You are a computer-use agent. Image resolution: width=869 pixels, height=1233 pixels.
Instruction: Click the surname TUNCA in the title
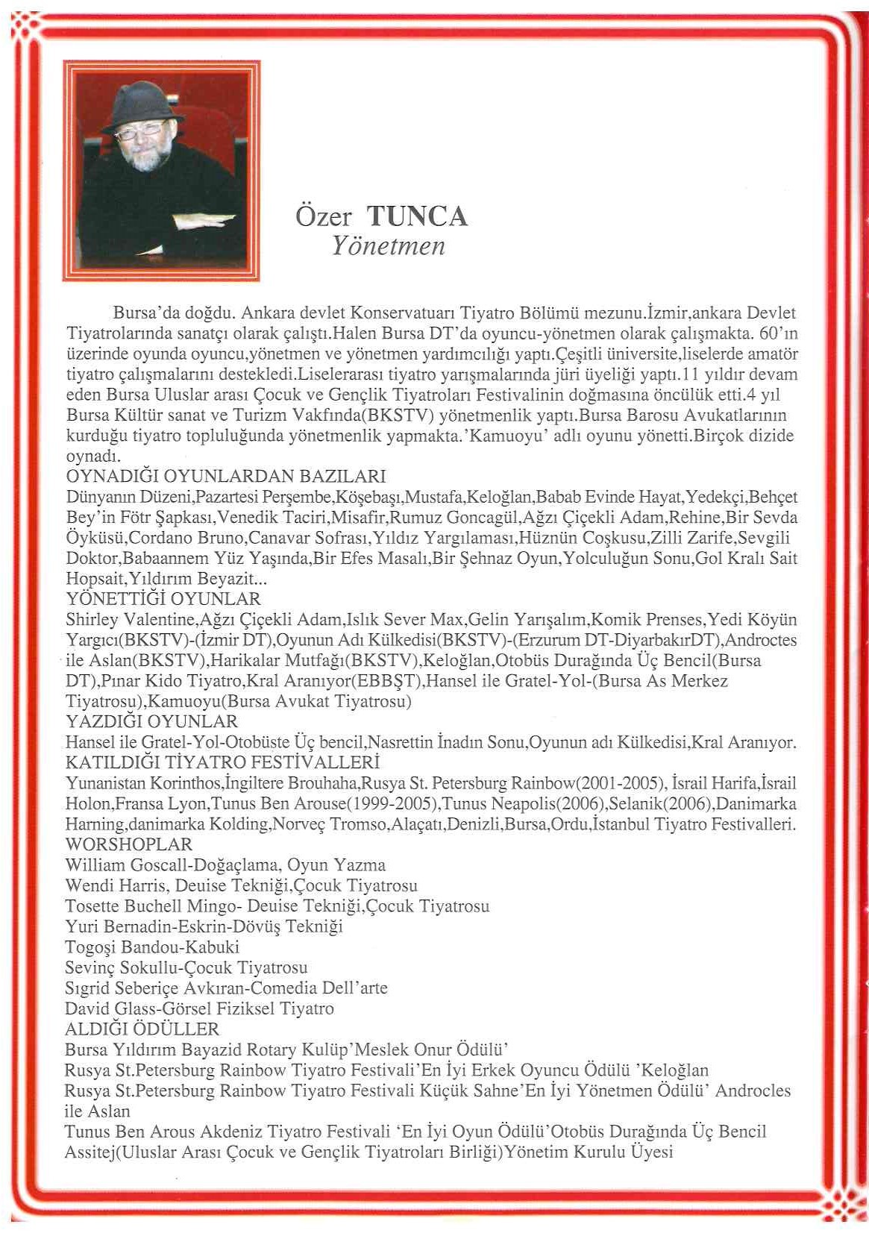417,216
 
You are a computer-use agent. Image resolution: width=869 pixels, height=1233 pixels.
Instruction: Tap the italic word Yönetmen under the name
388,245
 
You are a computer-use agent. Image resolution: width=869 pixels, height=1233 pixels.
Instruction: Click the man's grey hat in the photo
144,104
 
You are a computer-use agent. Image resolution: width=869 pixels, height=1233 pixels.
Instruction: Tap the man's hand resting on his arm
201,222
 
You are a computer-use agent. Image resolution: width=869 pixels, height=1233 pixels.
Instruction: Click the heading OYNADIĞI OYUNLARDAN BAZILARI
226,476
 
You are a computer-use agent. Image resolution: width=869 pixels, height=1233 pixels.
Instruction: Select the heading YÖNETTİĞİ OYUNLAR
163,599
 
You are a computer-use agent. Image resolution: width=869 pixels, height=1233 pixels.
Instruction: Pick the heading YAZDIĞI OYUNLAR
152,721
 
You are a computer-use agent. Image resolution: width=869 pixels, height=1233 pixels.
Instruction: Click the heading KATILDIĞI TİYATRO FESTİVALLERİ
223,762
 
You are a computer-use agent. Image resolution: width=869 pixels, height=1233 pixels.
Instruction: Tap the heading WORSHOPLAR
129,844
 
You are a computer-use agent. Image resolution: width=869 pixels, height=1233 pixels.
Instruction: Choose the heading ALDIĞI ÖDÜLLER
142,1029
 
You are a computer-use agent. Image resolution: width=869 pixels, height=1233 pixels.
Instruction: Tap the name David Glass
109,1008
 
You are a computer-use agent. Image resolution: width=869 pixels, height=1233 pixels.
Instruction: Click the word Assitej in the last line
90,1152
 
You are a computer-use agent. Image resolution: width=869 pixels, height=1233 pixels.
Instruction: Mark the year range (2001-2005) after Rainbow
618,783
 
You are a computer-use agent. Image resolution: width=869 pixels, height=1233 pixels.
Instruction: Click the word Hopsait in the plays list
95,579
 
